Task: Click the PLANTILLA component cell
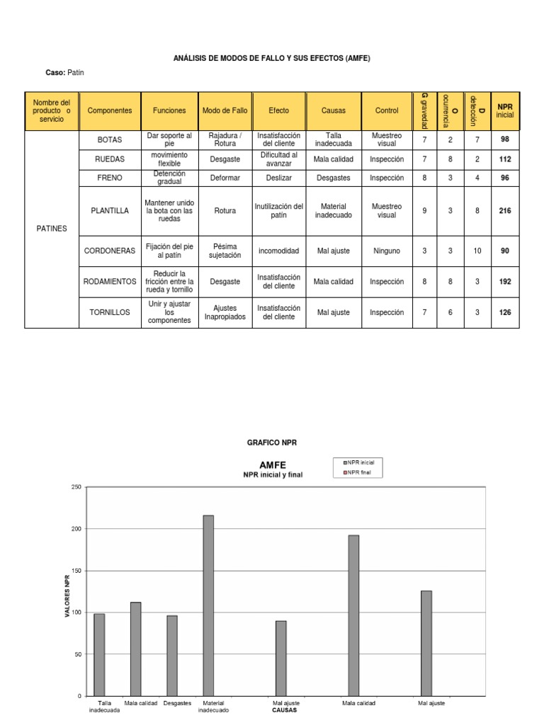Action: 110,210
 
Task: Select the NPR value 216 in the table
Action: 504,210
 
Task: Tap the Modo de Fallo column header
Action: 225,110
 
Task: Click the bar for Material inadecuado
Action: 208,605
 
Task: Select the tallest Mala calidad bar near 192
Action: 353,615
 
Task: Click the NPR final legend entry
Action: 360,472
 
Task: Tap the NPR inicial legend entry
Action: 360,462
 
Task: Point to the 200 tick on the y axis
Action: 76,529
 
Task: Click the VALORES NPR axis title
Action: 68,592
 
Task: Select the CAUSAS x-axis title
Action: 285,709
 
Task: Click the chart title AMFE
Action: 273,465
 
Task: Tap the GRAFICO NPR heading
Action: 272,443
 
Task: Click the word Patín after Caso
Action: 76,73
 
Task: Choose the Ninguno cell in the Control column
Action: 387,251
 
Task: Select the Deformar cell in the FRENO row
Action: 225,178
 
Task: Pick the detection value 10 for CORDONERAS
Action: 477,251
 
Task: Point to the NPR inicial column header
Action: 504,110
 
